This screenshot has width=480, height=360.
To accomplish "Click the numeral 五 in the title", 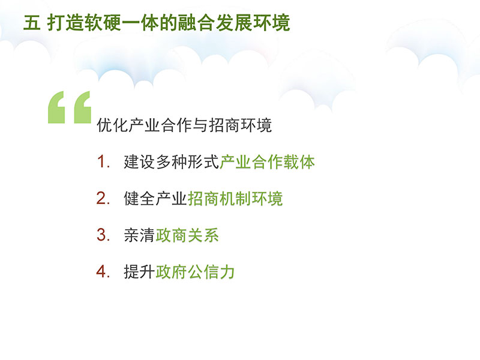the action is (32, 23).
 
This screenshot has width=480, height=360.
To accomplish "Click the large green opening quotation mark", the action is (70, 107).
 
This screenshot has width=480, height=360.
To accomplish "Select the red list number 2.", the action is (103, 199).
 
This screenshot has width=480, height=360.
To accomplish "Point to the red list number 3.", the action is (103, 235).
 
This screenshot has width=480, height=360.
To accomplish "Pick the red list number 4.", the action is (103, 272).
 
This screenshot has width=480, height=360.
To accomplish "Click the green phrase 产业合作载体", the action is (267, 162).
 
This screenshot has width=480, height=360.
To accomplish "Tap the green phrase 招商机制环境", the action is (235, 199).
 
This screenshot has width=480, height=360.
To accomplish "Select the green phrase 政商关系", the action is (187, 235).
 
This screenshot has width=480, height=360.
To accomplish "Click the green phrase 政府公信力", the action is (196, 272).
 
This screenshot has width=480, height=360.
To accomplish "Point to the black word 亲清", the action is (139, 235).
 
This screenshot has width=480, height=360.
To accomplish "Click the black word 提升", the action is (139, 272).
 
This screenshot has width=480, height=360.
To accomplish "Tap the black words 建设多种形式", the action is (172, 162).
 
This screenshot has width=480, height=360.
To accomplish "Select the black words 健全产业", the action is (155, 199).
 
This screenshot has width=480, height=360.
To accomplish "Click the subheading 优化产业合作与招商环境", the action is (184, 125).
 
